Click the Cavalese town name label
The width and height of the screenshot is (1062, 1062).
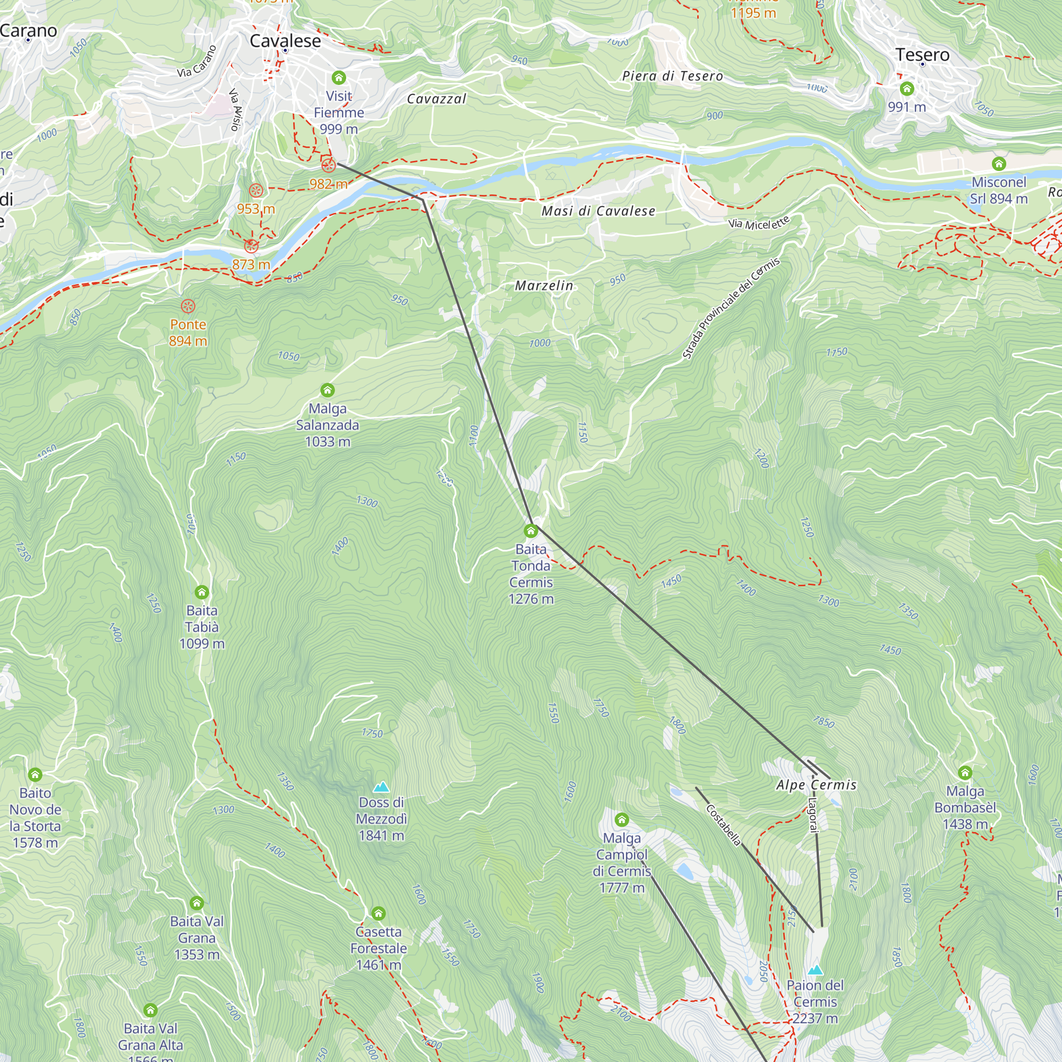285,41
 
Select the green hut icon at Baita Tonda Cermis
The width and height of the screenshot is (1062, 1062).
530,531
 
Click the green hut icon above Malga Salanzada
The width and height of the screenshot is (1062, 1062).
328,390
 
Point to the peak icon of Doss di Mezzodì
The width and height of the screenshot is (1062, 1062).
381,786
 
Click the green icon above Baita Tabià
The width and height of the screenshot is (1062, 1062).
202,592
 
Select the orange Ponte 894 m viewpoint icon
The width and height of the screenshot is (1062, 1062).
188,306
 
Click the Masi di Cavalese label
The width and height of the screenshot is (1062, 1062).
598,211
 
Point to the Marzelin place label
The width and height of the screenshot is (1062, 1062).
544,286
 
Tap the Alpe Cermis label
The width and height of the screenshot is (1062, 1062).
816,785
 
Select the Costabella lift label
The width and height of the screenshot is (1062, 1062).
723,825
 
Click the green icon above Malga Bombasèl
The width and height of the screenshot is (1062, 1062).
965,773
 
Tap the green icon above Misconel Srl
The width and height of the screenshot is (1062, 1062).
999,164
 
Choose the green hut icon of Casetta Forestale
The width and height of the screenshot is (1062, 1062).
378,913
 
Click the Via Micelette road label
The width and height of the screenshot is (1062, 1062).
759,222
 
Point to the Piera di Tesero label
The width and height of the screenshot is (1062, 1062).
672,76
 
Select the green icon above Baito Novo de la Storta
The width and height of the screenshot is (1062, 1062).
35,775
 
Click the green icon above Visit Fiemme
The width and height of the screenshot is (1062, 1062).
339,78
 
